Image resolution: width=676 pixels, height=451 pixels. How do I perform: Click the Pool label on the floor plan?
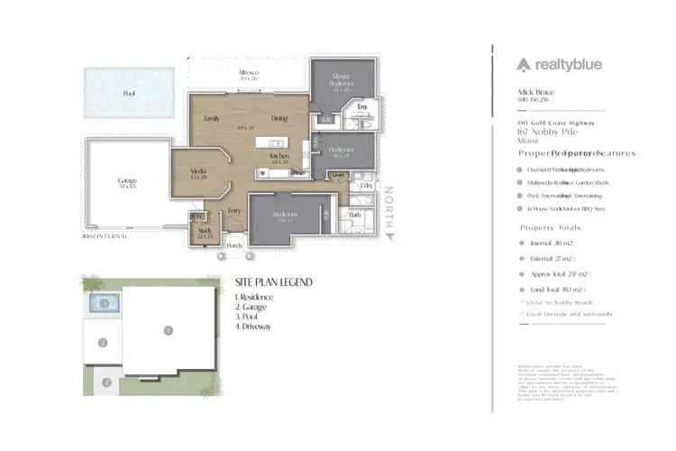(129, 93)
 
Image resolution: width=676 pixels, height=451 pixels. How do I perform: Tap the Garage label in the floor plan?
(127, 181)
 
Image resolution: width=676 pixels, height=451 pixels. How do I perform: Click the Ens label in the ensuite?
(362, 108)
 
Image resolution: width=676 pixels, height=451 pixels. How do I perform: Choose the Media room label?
(199, 171)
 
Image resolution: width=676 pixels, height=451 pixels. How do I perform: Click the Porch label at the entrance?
(234, 245)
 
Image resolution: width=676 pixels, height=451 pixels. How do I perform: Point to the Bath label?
(354, 214)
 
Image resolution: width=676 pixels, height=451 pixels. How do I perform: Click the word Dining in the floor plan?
(279, 118)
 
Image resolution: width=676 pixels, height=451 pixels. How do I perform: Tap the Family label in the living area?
(212, 118)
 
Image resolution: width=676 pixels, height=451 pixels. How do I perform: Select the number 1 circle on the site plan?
(168, 331)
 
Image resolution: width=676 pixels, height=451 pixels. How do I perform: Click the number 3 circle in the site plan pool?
(105, 303)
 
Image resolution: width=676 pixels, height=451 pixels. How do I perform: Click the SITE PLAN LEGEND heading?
(273, 281)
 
